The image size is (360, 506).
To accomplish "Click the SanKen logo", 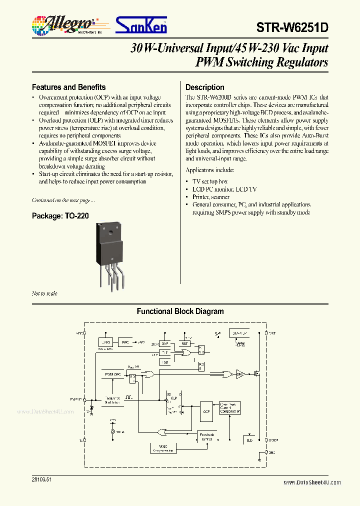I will pos(141,24).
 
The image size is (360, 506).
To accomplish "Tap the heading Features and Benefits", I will pos(68,87).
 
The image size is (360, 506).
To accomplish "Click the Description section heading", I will pos(205,87).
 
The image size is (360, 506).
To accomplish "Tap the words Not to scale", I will pos(44,293).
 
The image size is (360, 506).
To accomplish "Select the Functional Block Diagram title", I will pos(180,311).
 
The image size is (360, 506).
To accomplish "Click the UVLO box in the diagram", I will pos(105,342).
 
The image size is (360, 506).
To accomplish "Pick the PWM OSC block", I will pos(112,374).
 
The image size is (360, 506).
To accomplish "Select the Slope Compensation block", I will pos(163,448).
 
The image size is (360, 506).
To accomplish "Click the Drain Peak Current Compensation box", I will pos(230,408).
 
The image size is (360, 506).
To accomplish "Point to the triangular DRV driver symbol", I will pos(240,373).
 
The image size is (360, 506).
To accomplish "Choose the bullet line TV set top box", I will pos(210,181).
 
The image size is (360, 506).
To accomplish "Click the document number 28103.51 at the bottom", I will pos(41,479).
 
